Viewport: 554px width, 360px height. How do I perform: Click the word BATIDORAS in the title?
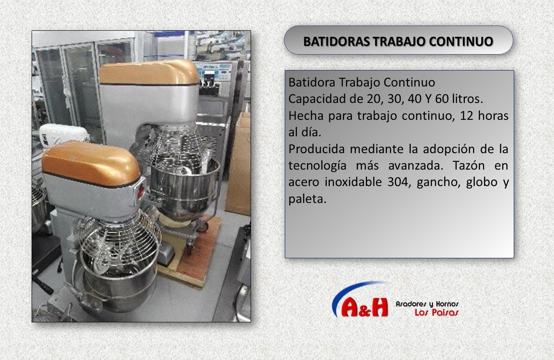click(337, 41)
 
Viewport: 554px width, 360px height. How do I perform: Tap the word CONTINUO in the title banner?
click(461, 41)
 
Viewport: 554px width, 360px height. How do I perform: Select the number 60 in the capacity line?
click(442, 99)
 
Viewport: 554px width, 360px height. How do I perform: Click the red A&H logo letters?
click(364, 307)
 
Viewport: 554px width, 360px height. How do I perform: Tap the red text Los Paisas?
click(437, 312)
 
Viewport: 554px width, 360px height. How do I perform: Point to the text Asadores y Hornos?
click(427, 304)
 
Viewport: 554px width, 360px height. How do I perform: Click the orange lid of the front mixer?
click(90, 164)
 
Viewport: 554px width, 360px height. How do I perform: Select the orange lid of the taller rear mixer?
click(149, 72)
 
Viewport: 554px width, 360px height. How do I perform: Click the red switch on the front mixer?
click(142, 191)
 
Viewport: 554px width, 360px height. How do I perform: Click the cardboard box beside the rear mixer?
click(238, 163)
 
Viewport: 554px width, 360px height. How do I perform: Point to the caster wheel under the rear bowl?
click(203, 226)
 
